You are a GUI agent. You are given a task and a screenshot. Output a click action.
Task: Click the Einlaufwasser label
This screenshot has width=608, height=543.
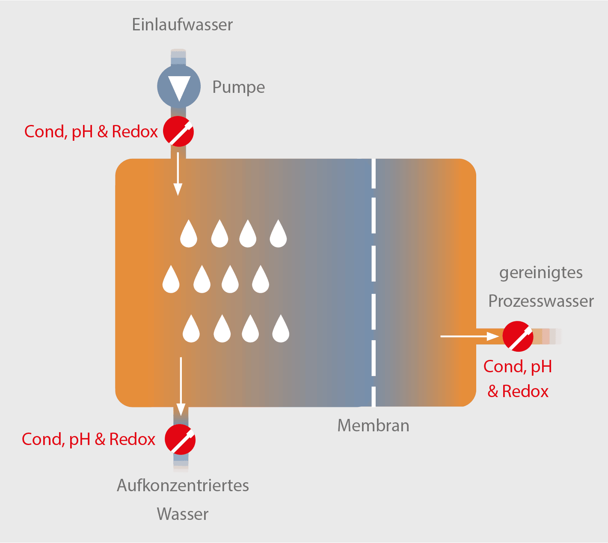pyautogui.click(x=182, y=25)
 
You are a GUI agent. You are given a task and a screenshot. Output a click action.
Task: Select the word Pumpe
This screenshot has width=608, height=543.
pyautogui.click(x=239, y=87)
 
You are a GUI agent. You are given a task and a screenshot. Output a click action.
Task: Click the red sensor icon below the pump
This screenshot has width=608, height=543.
pyautogui.click(x=179, y=131)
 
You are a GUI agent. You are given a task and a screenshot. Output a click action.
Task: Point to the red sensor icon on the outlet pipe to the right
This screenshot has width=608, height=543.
pyautogui.click(x=518, y=336)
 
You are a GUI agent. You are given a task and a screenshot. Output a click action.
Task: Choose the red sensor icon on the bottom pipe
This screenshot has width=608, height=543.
pyautogui.click(x=180, y=439)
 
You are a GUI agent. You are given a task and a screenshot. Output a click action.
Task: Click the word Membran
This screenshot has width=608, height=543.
pyautogui.click(x=373, y=425)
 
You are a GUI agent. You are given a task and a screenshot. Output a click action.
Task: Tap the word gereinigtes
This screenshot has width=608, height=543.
pyautogui.click(x=541, y=273)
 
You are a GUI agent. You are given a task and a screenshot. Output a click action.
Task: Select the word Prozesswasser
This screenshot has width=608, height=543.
pyautogui.click(x=541, y=301)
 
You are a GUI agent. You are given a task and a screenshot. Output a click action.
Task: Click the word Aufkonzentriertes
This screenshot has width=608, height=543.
pyautogui.click(x=183, y=486)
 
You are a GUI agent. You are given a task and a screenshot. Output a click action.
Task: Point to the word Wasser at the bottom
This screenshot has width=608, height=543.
pyautogui.click(x=183, y=514)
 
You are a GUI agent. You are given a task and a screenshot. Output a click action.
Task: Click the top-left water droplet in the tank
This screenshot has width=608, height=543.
pyautogui.click(x=189, y=234)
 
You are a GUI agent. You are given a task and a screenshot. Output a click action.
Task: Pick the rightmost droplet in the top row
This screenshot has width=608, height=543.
pyautogui.click(x=278, y=234)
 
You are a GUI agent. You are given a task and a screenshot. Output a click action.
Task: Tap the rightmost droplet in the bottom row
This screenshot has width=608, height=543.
pyautogui.click(x=281, y=329)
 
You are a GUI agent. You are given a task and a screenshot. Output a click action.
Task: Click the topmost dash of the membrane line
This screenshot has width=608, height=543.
pyautogui.click(x=374, y=174)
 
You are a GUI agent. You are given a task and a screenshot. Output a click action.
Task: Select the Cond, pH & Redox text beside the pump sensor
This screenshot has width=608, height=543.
pyautogui.click(x=91, y=131)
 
